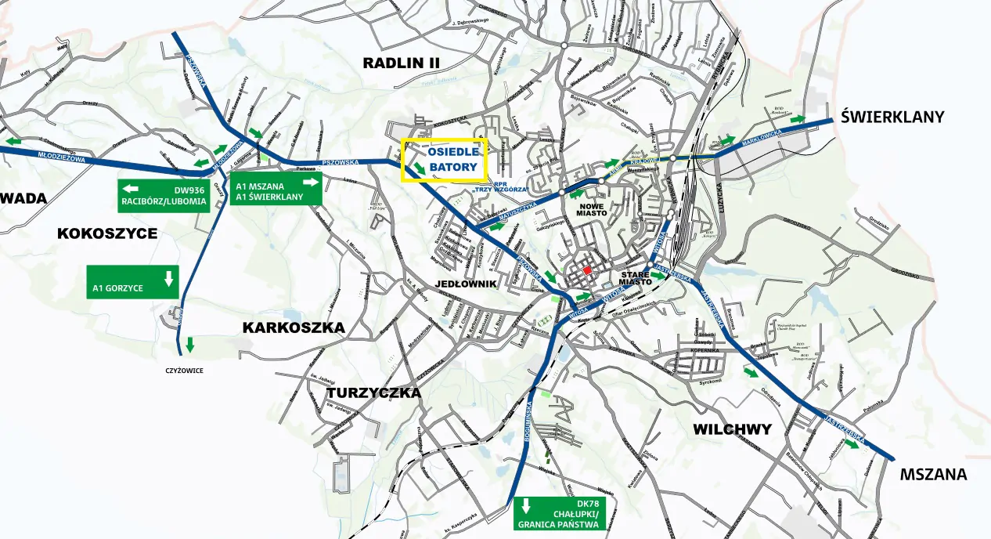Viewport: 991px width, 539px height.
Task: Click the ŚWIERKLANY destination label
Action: [x=892, y=117]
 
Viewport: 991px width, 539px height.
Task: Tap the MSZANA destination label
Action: [x=933, y=474]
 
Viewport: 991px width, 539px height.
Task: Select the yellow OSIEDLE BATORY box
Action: [x=444, y=161]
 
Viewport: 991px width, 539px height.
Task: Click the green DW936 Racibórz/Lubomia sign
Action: [x=164, y=195]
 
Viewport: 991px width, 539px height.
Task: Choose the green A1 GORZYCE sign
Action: [x=133, y=282]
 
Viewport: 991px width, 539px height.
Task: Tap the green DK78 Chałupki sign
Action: [x=560, y=513]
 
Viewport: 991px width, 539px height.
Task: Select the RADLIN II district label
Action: [x=402, y=63]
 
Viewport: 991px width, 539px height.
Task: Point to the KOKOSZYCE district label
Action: [x=107, y=233]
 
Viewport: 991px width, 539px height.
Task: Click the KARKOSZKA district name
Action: [x=294, y=327]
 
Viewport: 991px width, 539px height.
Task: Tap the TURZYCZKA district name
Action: [x=374, y=392]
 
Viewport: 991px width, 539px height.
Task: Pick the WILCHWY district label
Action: [x=732, y=429]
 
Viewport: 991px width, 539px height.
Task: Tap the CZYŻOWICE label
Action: [x=184, y=371]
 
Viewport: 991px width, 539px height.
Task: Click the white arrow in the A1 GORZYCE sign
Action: [x=168, y=278]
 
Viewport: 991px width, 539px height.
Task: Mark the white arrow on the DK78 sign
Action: [x=527, y=505]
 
